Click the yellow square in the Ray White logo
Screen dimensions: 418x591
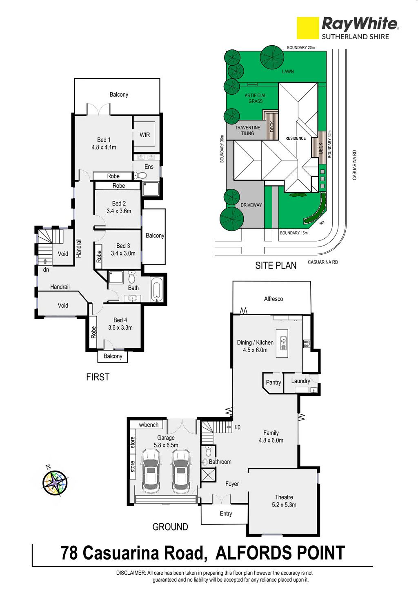pyautogui.click(x=308, y=28)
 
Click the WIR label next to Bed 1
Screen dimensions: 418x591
pyautogui.click(x=145, y=135)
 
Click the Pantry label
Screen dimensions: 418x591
pyautogui.click(x=273, y=382)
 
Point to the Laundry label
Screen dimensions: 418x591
pyautogui.click(x=300, y=381)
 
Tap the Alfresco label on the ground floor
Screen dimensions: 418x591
pyautogui.click(x=273, y=299)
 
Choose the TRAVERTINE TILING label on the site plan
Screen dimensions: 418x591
pyautogui.click(x=247, y=131)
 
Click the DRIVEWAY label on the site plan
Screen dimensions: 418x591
pyautogui.click(x=251, y=205)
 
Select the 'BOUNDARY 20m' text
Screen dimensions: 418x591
pyautogui.click(x=301, y=48)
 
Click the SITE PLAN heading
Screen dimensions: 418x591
pyautogui.click(x=276, y=265)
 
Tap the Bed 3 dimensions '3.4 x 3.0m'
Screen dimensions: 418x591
pyautogui.click(x=123, y=253)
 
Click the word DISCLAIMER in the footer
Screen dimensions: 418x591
pyautogui.click(x=131, y=573)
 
